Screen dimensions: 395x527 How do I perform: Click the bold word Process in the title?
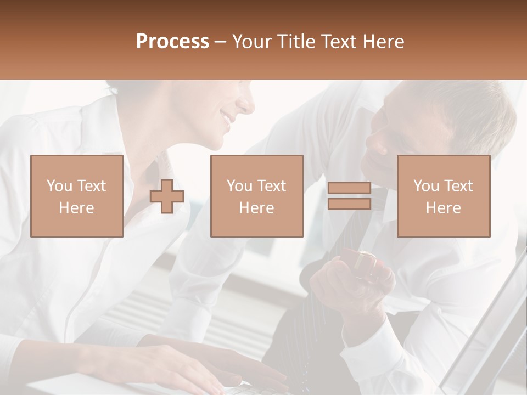pos(172,42)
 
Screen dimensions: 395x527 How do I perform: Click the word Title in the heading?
pos(295,42)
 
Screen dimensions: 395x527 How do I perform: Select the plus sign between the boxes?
pos(167,196)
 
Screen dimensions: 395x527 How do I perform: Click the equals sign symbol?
pos(349,196)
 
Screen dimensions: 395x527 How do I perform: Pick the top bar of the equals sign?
pos(349,188)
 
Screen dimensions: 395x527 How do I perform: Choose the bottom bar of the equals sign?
pos(349,204)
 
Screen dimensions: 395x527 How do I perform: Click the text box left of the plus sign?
pos(76,196)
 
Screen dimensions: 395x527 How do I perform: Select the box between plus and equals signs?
pos(256,196)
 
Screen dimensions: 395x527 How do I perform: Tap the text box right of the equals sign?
pos(443,196)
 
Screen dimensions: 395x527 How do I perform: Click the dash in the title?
pos(221,42)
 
